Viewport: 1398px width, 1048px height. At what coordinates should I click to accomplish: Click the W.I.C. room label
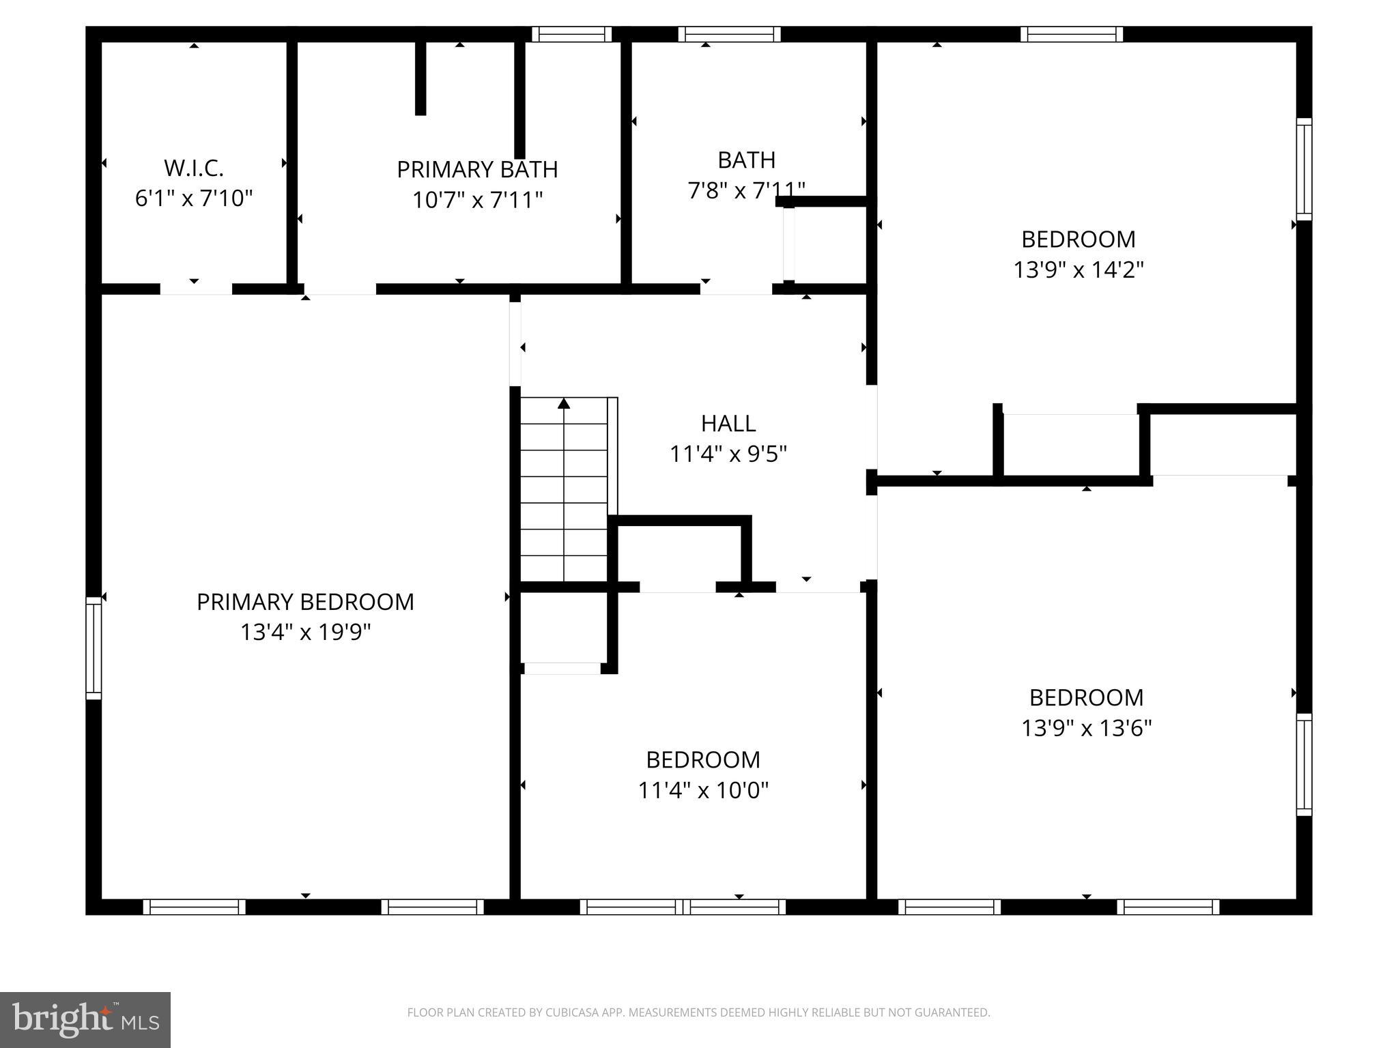pyautogui.click(x=194, y=168)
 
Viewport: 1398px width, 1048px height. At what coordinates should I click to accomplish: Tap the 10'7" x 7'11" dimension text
pyautogui.click(x=477, y=200)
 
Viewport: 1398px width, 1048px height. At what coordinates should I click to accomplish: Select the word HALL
pyautogui.click(x=728, y=424)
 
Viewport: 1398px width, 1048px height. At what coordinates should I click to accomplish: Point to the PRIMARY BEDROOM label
pyautogui.click(x=305, y=602)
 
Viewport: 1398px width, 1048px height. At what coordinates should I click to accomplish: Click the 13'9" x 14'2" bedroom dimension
pyautogui.click(x=1078, y=270)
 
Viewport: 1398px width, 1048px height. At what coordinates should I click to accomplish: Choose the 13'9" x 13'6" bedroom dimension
pyautogui.click(x=1086, y=728)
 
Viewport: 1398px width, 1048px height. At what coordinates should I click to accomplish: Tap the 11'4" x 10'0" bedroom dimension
pyautogui.click(x=703, y=790)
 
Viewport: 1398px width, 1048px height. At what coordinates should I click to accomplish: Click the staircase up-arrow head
pyautogui.click(x=564, y=403)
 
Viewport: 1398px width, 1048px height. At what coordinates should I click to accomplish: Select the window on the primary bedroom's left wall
pyautogui.click(x=94, y=647)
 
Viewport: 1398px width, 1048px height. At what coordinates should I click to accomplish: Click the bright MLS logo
pyautogui.click(x=85, y=1019)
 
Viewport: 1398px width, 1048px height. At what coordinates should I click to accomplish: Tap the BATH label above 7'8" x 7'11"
pyautogui.click(x=746, y=160)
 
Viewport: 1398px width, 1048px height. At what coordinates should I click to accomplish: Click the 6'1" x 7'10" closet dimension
pyautogui.click(x=194, y=199)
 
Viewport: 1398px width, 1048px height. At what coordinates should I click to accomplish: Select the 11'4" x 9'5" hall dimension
pyautogui.click(x=728, y=454)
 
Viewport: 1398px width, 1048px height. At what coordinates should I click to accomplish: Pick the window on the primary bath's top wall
pyautogui.click(x=571, y=34)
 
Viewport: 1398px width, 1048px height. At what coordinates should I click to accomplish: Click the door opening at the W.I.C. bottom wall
pyautogui.click(x=196, y=289)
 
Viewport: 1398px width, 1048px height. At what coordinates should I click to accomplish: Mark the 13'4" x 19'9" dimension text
pyautogui.click(x=305, y=632)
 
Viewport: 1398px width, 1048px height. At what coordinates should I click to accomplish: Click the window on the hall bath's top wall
pyautogui.click(x=729, y=34)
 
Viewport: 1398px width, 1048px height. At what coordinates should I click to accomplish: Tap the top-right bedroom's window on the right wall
pyautogui.click(x=1304, y=169)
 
